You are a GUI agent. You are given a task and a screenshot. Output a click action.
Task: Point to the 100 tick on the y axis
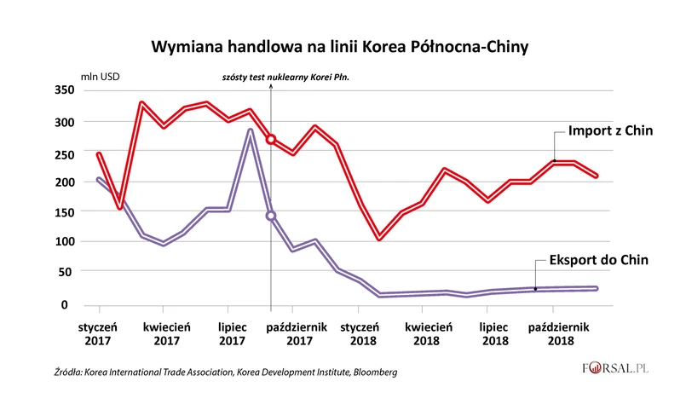coord(65,241)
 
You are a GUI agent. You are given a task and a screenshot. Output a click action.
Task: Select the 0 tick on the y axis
coord(71,304)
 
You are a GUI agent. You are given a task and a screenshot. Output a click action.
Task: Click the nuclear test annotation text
coord(285,77)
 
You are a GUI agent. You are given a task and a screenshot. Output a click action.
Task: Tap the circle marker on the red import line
coord(271,139)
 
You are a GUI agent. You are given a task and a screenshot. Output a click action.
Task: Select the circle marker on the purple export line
coord(271,216)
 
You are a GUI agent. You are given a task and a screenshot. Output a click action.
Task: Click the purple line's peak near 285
coord(250,130)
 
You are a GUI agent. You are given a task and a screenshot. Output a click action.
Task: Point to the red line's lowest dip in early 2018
coord(379,239)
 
